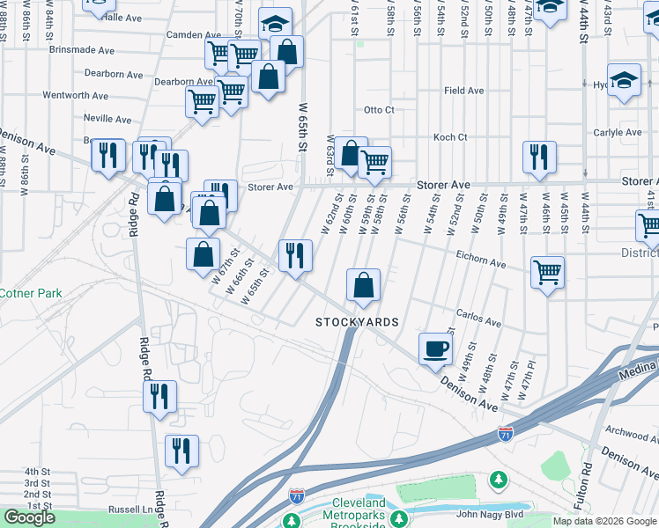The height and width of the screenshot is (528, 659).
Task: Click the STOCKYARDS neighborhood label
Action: pos(358,323)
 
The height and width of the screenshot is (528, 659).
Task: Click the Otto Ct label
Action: pos(379,110)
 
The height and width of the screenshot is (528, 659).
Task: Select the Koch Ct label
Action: pos(449,137)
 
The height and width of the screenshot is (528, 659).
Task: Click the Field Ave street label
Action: pos(463,91)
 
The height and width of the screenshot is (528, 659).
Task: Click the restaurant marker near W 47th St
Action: pos(538,157)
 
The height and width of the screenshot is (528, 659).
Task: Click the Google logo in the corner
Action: pos(29,517)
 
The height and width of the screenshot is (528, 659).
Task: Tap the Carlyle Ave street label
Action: pos(620,134)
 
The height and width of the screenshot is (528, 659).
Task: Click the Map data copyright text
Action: pos(604,521)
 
